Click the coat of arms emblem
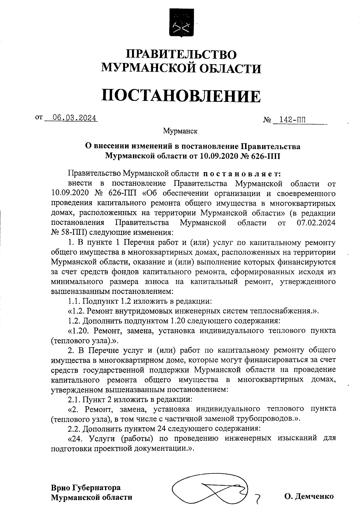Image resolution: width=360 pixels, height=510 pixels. tap(181, 24)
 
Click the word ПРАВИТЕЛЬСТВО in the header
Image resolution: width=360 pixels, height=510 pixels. tap(181, 54)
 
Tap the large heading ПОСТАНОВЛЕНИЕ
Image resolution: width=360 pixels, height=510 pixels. tap(181, 96)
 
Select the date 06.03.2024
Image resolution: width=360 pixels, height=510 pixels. tap(74, 118)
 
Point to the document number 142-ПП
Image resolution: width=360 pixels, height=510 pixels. tap(292, 120)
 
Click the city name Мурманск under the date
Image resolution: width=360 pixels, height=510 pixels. tap(180, 131)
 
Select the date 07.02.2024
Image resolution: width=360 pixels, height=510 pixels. tap(316, 223)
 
